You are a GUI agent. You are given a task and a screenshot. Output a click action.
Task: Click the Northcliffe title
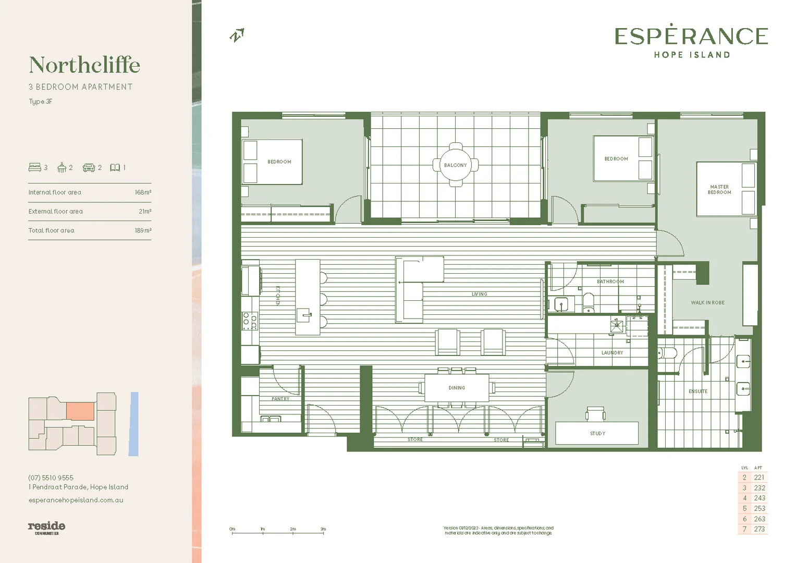click(84, 65)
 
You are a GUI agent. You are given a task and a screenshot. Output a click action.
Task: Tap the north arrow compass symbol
click(237, 35)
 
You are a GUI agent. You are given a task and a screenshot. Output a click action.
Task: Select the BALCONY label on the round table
click(455, 165)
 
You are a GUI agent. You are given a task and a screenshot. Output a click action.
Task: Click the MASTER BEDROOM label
click(719, 190)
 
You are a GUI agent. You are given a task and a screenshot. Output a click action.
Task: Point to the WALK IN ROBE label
click(707, 303)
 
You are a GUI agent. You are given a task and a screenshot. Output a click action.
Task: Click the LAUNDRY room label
click(612, 353)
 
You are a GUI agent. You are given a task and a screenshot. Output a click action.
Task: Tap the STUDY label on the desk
click(597, 434)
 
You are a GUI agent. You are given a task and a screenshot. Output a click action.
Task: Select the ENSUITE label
click(698, 391)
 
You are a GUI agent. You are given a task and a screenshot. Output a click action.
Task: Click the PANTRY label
click(280, 399)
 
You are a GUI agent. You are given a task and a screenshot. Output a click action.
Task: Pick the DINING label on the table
click(457, 388)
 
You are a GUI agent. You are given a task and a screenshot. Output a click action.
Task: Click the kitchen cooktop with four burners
click(250, 321)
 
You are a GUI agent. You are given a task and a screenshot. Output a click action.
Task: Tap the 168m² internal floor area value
click(143, 192)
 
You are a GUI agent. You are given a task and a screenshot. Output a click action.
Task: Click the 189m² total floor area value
click(143, 230)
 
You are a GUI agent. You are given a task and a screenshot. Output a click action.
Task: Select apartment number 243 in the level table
click(760, 498)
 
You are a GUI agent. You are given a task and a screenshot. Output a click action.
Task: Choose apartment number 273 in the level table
click(760, 529)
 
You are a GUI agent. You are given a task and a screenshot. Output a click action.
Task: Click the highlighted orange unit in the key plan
click(80, 411)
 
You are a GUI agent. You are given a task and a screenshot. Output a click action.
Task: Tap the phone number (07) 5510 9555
click(51, 478)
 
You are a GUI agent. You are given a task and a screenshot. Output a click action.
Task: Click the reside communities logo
click(46, 528)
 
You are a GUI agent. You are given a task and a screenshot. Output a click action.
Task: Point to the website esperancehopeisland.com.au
click(76, 500)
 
